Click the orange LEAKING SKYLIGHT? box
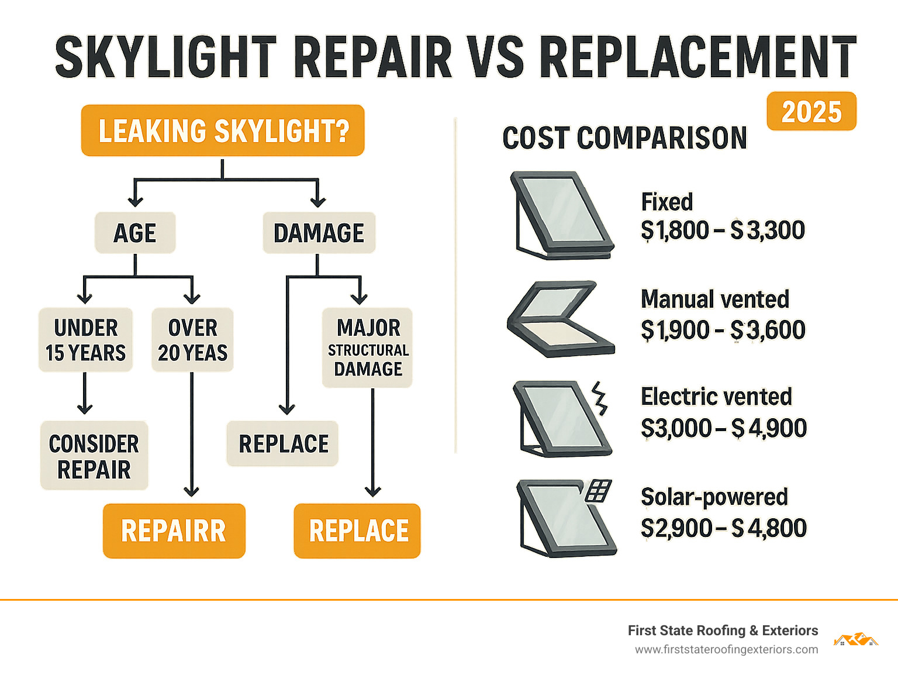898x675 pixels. [223, 130]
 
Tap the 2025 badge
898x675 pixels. [811, 111]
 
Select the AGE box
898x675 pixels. [135, 233]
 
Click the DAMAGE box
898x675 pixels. [319, 233]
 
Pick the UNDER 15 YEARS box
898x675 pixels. [85, 340]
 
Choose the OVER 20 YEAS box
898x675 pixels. [192, 340]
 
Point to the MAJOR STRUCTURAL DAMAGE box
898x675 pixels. [368, 347]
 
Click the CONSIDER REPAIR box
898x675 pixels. [94, 456]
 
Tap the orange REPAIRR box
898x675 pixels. [174, 531]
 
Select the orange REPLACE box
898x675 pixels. [357, 531]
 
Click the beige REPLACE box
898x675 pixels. [283, 443]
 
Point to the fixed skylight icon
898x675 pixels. [562, 215]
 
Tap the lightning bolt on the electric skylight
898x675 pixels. [600, 398]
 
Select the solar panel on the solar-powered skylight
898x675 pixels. [599, 490]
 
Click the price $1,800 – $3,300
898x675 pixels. [723, 230]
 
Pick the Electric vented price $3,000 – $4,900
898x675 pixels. [724, 428]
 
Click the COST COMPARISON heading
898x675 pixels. [624, 139]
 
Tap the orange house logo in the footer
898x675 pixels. [855, 639]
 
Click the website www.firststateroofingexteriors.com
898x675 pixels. [726, 650]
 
